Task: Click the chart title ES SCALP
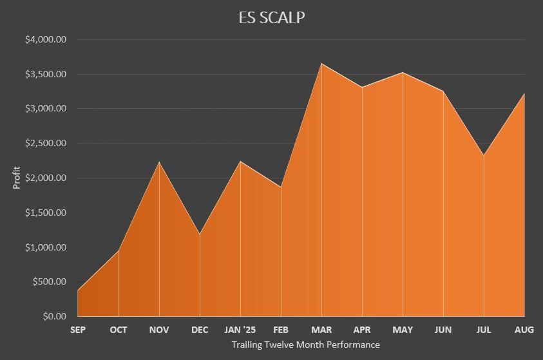tap(271, 17)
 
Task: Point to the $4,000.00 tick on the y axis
tap(46, 40)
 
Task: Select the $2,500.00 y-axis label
tap(46, 144)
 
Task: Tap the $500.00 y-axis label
tap(48, 282)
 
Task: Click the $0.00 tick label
tap(54, 317)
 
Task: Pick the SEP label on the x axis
tap(78, 330)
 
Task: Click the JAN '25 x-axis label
tap(240, 330)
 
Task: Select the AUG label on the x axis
tap(524, 330)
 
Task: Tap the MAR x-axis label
tap(321, 330)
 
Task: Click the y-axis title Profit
tap(17, 178)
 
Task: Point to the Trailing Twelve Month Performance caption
tap(305, 345)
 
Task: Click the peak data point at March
tap(321, 63)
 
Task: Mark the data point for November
tap(159, 162)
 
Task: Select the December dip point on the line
tap(200, 234)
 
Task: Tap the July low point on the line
tap(484, 155)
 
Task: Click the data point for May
tap(403, 72)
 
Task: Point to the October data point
tap(119, 251)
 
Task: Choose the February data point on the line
tap(281, 187)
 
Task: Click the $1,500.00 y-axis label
tap(46, 213)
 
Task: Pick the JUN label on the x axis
tap(443, 330)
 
